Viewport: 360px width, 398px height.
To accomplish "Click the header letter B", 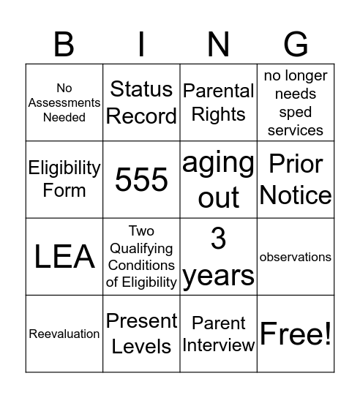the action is [64, 45].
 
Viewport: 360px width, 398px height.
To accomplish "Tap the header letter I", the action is [142, 45].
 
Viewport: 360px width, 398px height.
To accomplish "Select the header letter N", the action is [219, 45].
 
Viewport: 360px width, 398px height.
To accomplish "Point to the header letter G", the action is [296, 45].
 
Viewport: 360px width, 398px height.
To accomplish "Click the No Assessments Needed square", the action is [64, 102].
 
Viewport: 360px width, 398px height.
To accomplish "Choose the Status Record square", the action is [142, 102].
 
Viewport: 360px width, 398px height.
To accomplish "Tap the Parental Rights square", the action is [219, 102].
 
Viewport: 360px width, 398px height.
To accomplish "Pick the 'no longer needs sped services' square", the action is [296, 102].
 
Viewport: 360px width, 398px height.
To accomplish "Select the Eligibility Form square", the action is [64, 179].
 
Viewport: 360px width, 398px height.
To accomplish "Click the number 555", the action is [142, 179].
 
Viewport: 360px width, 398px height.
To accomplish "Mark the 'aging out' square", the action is [219, 179].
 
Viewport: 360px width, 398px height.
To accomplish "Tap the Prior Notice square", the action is [296, 179].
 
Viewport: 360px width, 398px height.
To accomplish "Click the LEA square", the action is [64, 257].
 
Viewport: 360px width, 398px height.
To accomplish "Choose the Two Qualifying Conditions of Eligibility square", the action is [142, 257].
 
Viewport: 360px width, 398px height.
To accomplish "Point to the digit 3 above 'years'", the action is [219, 239].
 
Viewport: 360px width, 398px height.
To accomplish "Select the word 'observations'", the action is [296, 258].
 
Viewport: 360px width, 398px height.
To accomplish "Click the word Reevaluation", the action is [64, 334].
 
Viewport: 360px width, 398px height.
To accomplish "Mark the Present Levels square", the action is [142, 334].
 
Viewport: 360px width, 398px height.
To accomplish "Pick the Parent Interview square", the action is [219, 334].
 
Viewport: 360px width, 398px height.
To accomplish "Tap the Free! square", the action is [296, 334].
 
